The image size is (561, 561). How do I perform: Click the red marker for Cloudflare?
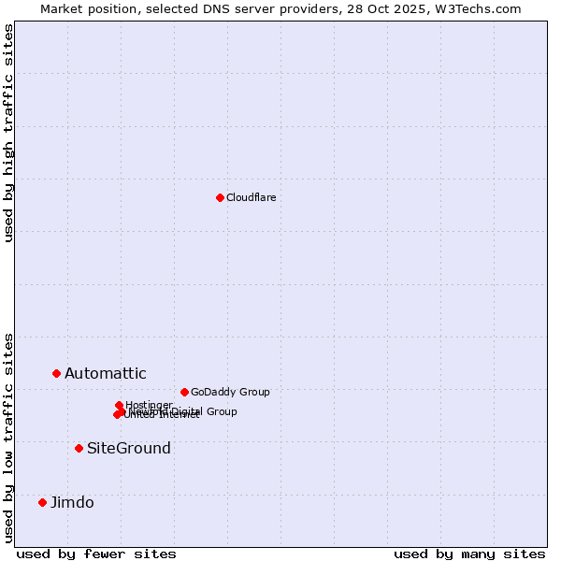click(x=220, y=197)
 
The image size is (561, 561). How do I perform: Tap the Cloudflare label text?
click(x=251, y=197)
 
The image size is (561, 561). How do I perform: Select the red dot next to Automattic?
click(x=56, y=373)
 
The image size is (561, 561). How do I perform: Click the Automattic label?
click(x=105, y=374)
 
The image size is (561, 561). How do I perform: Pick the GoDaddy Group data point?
click(x=184, y=392)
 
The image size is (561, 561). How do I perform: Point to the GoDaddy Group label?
click(x=230, y=392)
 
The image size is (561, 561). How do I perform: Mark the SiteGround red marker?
click(x=79, y=448)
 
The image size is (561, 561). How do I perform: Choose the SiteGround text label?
click(x=128, y=449)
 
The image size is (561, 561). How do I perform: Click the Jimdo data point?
click(x=42, y=502)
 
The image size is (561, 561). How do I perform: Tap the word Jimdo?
click(x=72, y=503)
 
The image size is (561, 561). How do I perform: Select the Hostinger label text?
click(x=149, y=405)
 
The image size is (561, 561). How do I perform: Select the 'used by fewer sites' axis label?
click(x=96, y=554)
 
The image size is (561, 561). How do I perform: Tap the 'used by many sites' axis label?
click(x=469, y=554)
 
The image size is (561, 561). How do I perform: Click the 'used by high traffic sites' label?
click(x=8, y=133)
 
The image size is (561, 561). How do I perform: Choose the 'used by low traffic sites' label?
click(x=8, y=437)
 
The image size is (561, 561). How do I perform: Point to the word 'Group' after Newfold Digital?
click(x=221, y=411)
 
